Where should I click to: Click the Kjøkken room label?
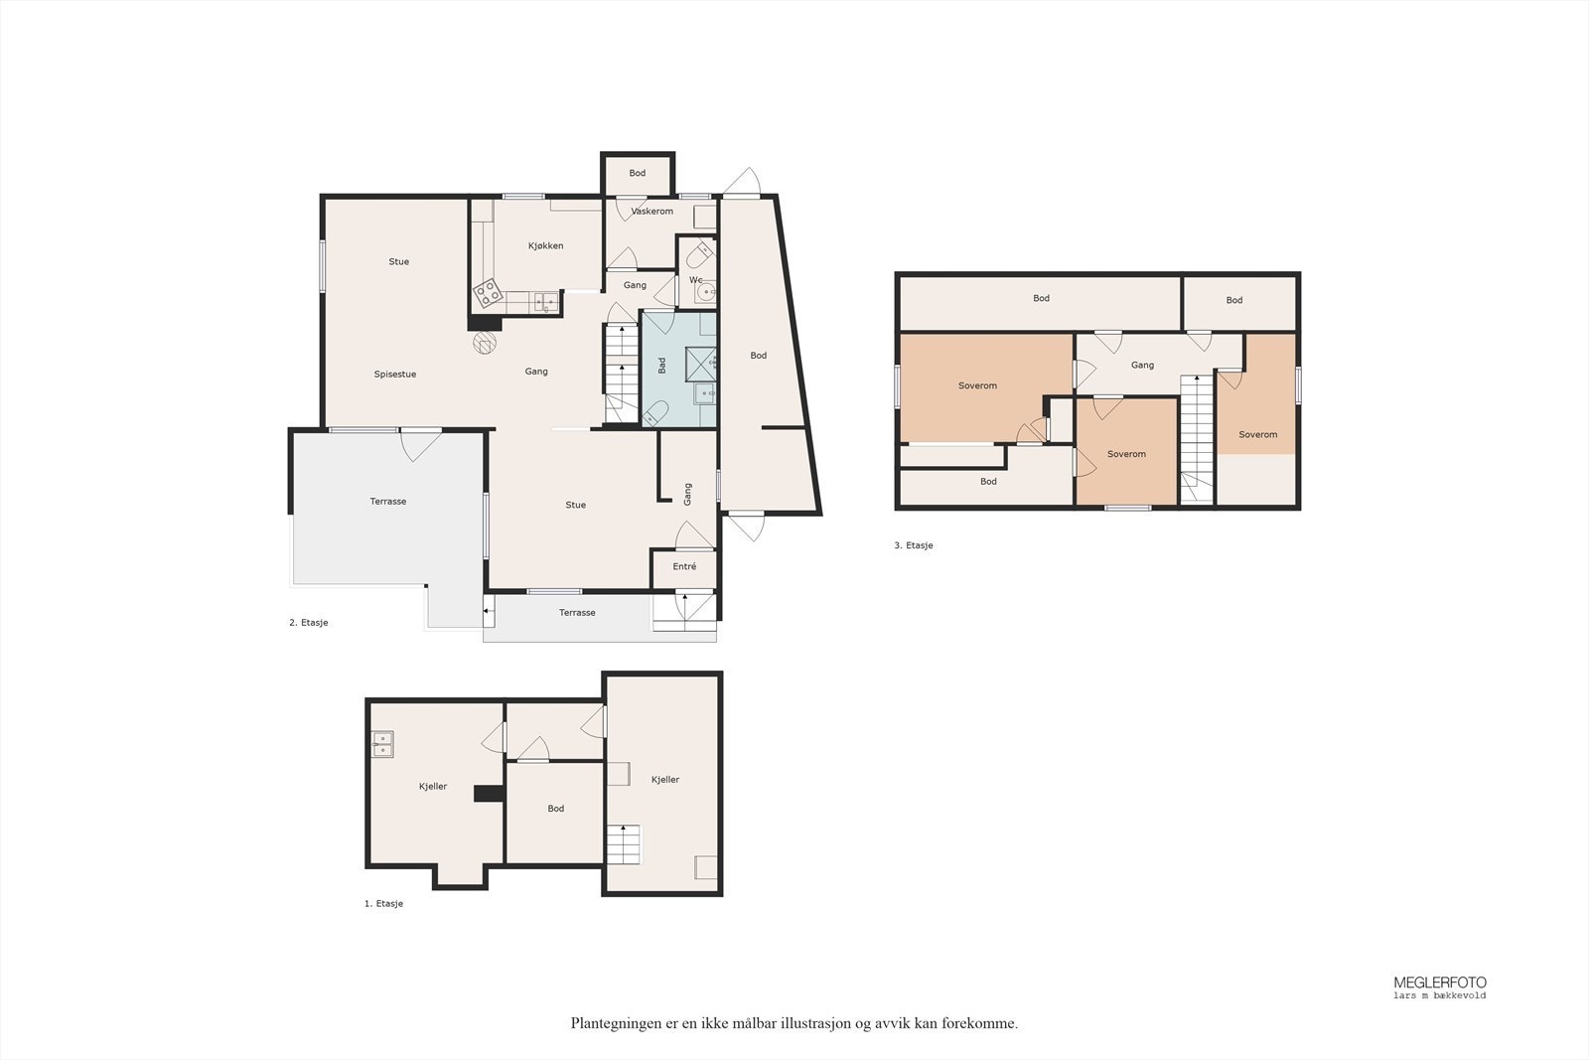pos(546,245)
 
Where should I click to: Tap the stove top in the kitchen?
pos(488,292)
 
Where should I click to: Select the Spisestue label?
pos(395,375)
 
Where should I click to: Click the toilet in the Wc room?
pos(699,256)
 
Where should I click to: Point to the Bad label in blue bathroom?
pos(662,366)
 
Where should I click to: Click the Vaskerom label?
pos(652,212)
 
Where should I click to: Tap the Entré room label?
pos(684,567)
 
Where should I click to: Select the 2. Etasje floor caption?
pos(309,623)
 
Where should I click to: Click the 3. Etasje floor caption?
pos(914,545)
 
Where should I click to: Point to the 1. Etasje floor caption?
pos(383,904)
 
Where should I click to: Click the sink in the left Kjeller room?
pos(382,744)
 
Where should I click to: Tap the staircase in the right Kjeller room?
pos(624,844)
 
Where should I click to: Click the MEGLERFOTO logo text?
pos(1439,983)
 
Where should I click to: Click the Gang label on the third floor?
pos(1142,366)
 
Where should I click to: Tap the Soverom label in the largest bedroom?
pos(977,385)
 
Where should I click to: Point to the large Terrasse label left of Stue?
pos(388,502)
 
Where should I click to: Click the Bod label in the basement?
pos(556,809)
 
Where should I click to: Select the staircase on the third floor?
pos(1197,437)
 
